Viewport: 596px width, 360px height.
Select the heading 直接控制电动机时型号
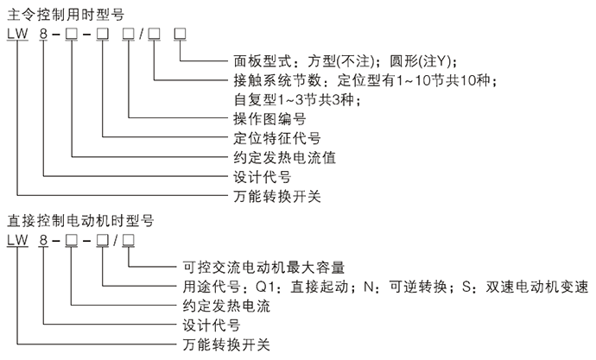[75, 218]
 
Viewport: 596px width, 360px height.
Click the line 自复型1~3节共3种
[290, 100]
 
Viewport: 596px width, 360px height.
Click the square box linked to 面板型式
[180, 33]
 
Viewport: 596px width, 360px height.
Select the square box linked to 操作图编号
[129, 33]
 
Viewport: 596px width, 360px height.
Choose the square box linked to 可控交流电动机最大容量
[128, 239]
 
